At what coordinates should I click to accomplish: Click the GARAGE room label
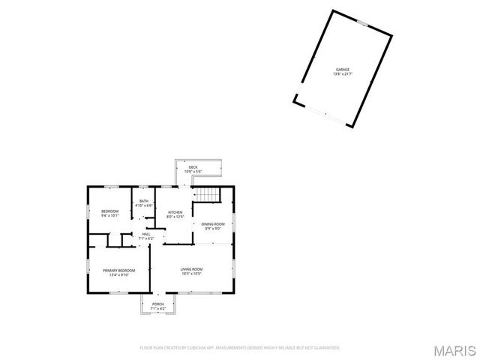pos(343,70)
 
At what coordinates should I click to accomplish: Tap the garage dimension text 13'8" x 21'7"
pos(343,74)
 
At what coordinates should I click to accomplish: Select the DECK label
pos(193,166)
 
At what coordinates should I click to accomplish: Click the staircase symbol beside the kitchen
pos(207,196)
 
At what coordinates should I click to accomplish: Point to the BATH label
pos(143,201)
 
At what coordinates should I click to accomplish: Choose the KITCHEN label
pos(175,212)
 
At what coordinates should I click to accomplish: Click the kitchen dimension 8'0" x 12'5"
pos(175,217)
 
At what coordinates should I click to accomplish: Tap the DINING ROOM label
pos(213,224)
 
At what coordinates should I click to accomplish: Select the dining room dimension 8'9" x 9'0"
pos(213,229)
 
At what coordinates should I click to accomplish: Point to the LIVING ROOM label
pos(191,269)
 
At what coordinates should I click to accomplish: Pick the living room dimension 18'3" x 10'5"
pos(191,274)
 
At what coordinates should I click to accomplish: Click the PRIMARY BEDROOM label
pos(119,270)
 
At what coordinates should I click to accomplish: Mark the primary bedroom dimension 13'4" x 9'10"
pos(119,274)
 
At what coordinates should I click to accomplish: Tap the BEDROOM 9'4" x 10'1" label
pos(110,211)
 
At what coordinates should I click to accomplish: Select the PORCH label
pos(158,304)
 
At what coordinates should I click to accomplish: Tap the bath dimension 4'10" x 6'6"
pos(143,205)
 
